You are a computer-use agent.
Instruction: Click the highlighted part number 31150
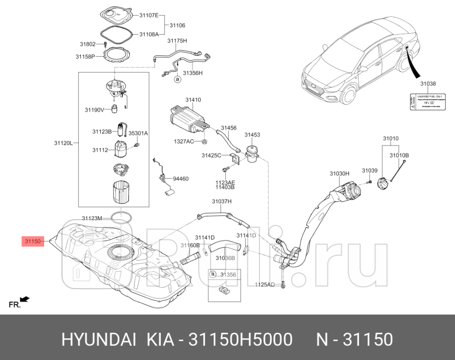32,241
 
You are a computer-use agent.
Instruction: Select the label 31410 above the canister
192,100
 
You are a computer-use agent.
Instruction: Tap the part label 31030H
340,173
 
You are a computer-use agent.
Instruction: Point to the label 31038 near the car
427,84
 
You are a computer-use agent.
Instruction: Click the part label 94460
181,178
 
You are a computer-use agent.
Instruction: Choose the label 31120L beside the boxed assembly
63,143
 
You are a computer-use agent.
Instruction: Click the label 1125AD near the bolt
265,285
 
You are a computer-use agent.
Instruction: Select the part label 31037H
222,201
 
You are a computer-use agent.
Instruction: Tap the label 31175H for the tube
177,41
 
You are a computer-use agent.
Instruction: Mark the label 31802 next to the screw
87,44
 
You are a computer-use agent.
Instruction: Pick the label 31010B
400,155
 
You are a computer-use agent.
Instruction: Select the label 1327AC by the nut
184,141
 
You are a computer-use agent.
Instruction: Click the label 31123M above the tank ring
91,218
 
